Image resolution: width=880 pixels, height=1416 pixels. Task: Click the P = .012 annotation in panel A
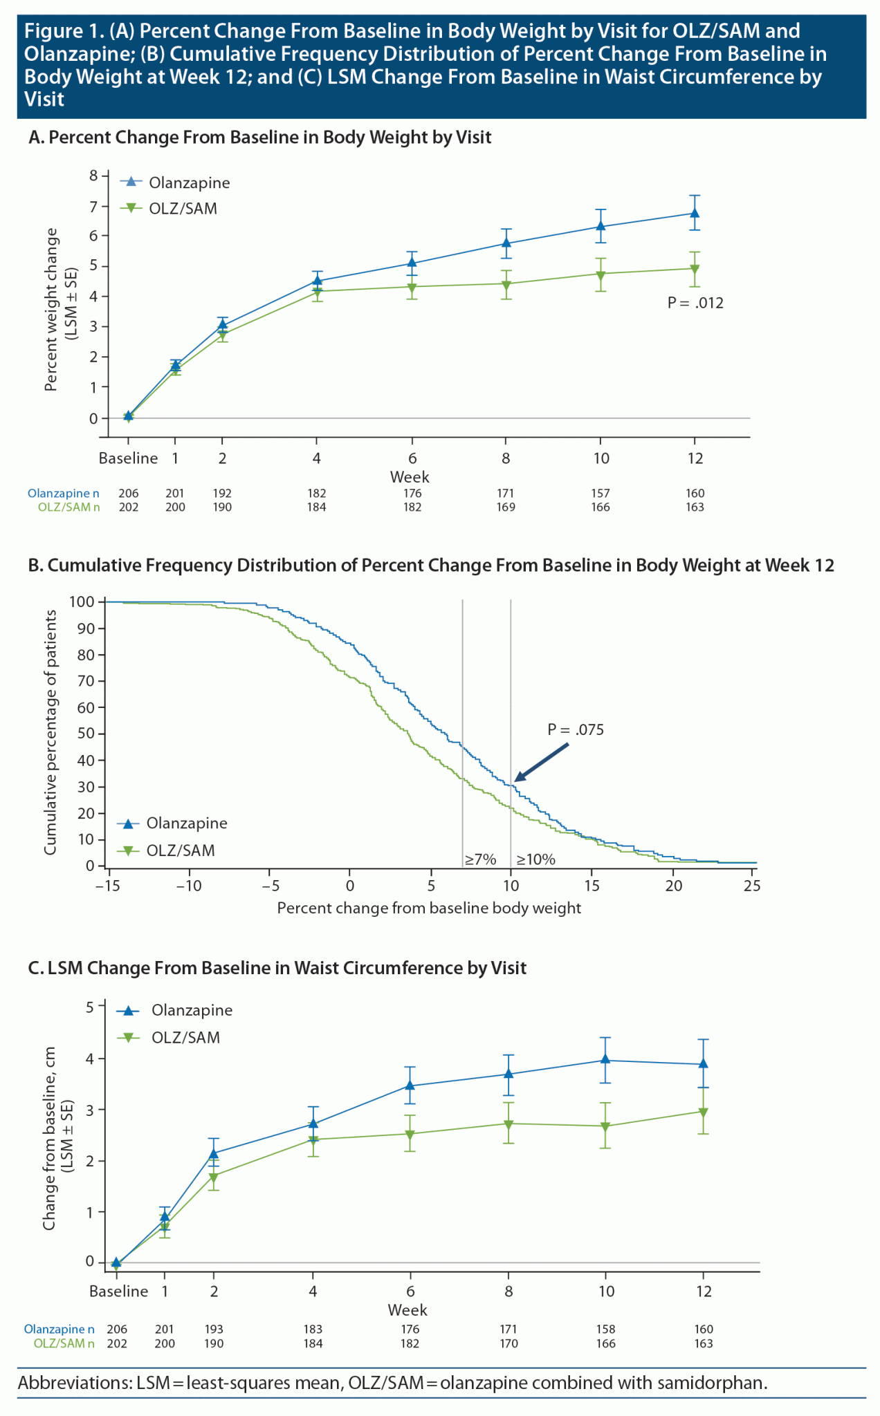695,303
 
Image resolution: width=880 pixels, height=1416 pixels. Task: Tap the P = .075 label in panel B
576,729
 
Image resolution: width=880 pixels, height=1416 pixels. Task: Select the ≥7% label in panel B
480,859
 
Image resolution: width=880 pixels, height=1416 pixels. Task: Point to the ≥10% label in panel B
535,859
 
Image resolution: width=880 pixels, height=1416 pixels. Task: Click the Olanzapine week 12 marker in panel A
695,213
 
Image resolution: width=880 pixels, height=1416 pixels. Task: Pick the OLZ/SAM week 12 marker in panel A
695,269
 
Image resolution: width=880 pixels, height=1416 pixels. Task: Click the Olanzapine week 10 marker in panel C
605,1059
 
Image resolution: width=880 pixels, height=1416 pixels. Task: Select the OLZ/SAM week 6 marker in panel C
410,1135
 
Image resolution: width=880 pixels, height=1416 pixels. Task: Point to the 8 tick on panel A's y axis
93,176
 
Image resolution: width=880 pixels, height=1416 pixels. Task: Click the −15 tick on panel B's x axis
107,886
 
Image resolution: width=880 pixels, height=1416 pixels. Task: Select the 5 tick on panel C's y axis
90,1007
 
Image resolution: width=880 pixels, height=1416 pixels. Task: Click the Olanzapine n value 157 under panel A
601,493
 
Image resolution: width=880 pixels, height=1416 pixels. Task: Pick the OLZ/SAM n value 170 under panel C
508,1343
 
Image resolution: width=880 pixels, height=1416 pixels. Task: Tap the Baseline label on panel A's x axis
128,458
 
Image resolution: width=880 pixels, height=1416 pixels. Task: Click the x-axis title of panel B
429,908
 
